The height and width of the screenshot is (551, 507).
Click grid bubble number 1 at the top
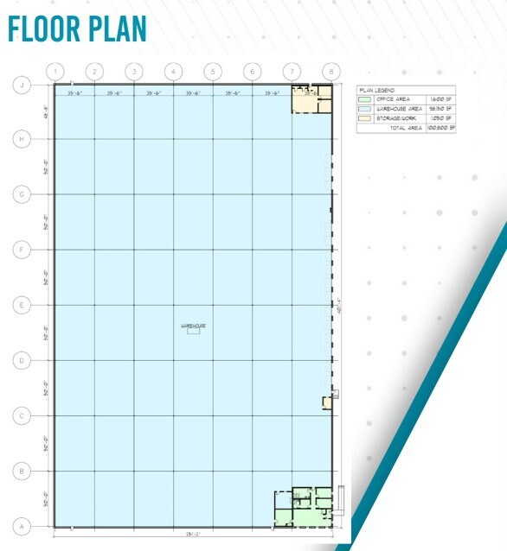pos(55,71)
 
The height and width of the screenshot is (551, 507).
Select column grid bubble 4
pos(173,71)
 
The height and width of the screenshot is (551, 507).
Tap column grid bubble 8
pos(331,71)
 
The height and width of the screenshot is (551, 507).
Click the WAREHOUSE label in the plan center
pos(192,326)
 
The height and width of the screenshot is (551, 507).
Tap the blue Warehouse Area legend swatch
pos(364,109)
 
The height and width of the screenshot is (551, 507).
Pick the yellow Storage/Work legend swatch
pos(364,117)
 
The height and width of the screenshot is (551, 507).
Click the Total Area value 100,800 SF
pos(441,127)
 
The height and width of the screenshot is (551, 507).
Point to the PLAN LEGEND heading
pos(375,90)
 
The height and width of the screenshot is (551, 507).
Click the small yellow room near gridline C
pos(327,402)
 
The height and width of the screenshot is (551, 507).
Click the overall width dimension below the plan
pos(192,534)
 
